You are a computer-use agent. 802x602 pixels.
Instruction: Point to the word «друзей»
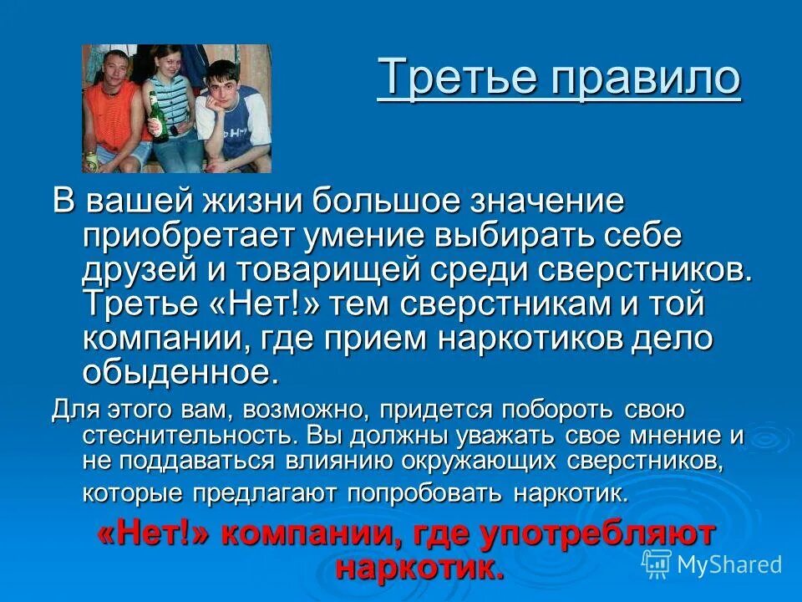[x=142, y=271]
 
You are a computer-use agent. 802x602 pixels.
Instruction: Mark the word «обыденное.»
[x=180, y=372]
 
